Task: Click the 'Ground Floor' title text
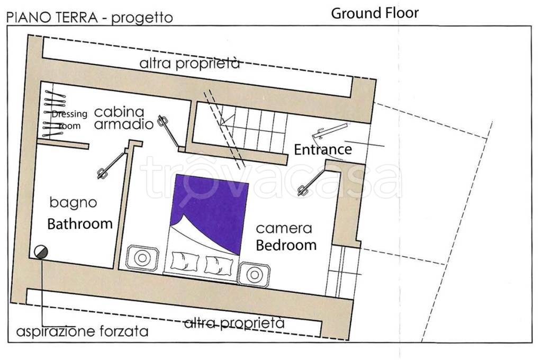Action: coord(375,13)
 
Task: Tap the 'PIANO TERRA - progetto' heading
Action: coord(89,17)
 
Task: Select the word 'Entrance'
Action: coord(323,149)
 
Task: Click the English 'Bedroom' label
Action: coord(286,245)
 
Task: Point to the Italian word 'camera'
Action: coord(284,229)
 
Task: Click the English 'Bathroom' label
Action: coord(80,223)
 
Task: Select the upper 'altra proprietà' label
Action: coord(189,64)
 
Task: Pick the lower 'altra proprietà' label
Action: coord(234,322)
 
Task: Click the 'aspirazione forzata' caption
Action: coord(82,332)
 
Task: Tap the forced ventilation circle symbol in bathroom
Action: coord(41,253)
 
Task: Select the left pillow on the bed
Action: coord(185,262)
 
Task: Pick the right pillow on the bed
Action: coord(219,264)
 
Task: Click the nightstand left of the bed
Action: coord(141,258)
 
